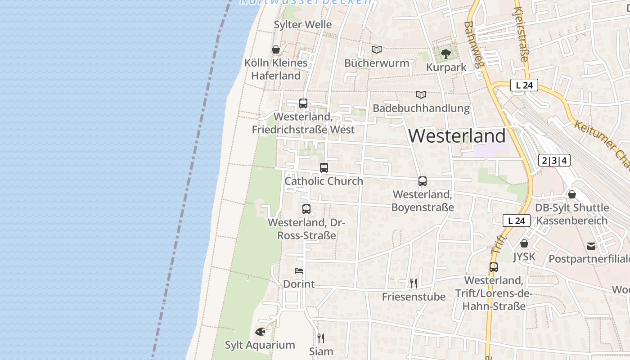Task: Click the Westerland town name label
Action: (457, 136)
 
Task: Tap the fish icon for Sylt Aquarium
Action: (260, 332)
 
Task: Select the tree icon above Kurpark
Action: (445, 54)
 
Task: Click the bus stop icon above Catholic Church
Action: (324, 168)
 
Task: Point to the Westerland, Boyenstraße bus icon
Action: (422, 181)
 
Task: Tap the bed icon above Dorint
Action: (298, 270)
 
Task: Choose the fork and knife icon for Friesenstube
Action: (413, 283)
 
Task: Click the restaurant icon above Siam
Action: (321, 338)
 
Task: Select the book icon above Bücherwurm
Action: (376, 49)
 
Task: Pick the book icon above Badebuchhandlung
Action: (421, 95)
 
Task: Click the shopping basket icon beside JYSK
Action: (524, 243)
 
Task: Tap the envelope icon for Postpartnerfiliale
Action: (591, 246)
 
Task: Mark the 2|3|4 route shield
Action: (554, 160)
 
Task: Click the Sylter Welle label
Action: (303, 25)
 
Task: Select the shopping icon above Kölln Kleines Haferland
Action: (276, 49)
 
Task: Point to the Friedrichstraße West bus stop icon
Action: (303, 103)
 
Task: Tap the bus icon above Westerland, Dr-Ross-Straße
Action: (306, 209)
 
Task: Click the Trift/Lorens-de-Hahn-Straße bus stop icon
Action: (494, 267)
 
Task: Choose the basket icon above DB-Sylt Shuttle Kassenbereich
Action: (571, 194)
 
